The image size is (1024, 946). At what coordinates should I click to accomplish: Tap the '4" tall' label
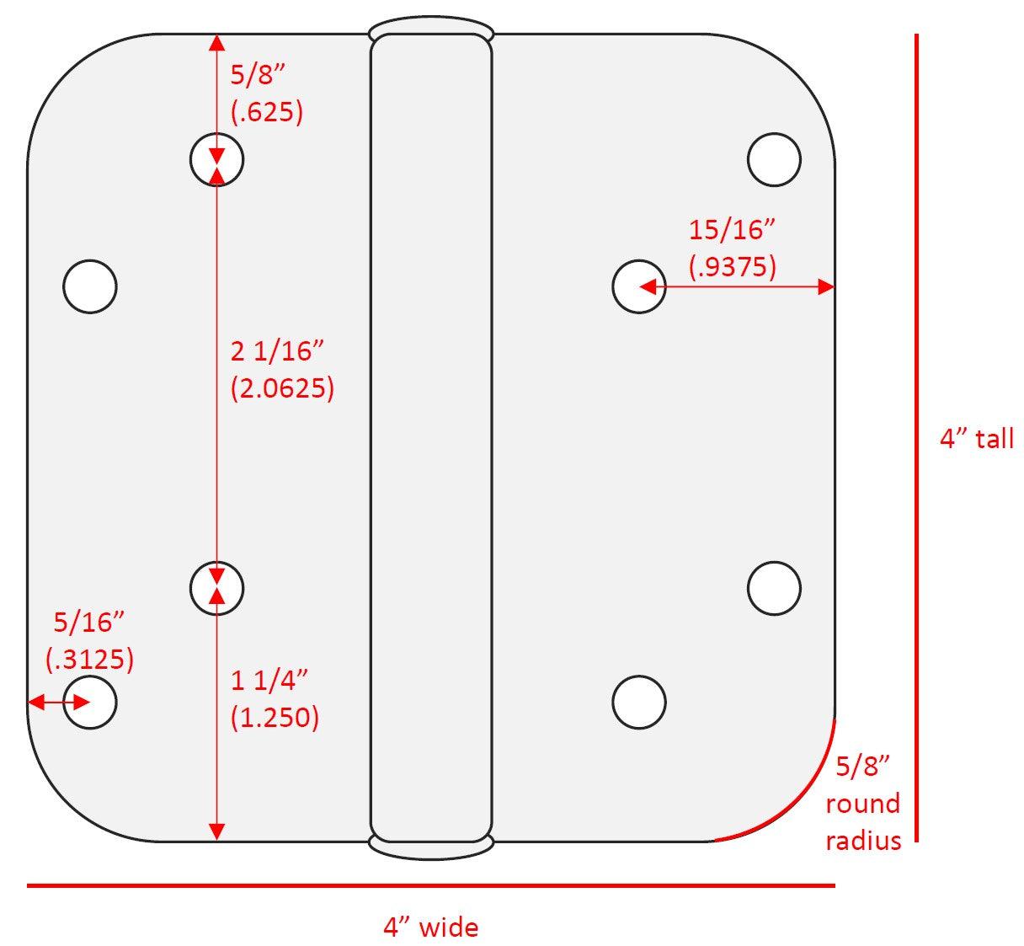976,439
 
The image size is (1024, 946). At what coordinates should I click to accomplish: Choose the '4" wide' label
430,927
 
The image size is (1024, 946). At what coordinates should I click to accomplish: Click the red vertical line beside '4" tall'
916,438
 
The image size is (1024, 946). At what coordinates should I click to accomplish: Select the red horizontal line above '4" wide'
430,885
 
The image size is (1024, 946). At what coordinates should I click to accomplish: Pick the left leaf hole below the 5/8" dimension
216,158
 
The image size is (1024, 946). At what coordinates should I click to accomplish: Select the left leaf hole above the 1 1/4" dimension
216,587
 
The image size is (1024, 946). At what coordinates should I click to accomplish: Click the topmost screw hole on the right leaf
774,158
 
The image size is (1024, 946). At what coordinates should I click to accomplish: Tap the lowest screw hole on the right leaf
639,702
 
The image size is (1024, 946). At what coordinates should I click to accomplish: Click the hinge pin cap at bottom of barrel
430,848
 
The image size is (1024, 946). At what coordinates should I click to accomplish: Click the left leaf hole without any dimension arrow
89,286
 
